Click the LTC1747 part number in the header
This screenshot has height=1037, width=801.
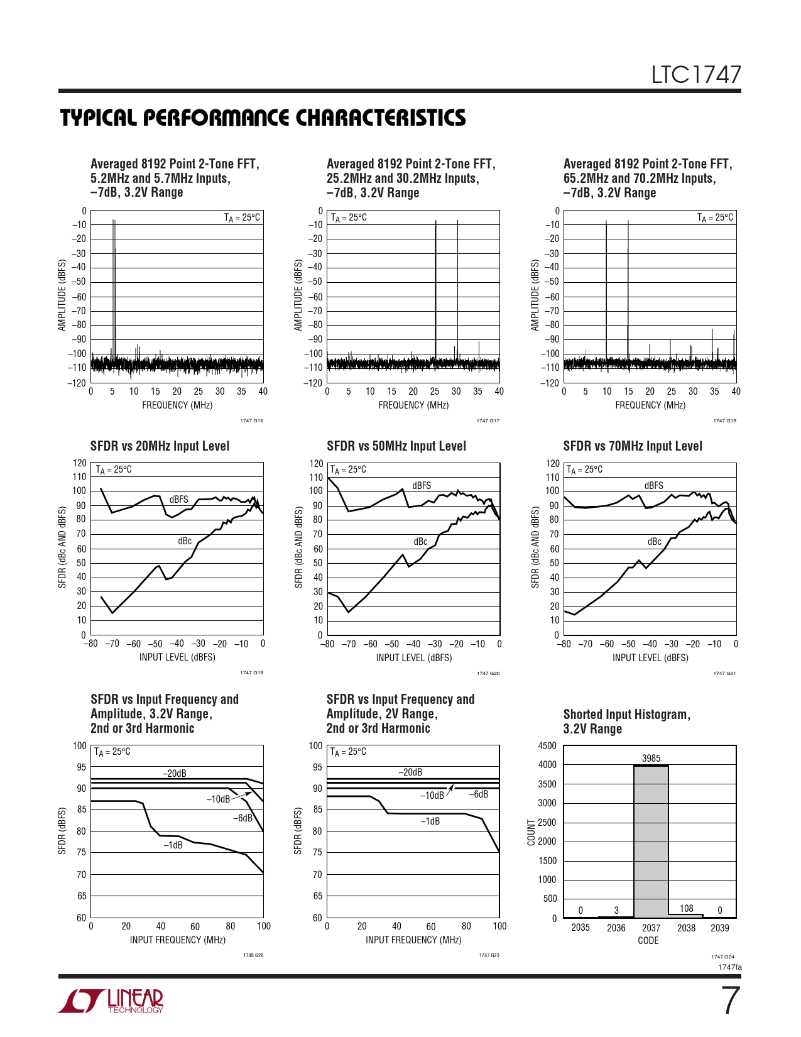[695, 75]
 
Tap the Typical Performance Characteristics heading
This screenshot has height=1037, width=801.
[263, 118]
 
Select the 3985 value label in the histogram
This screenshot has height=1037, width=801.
[651, 759]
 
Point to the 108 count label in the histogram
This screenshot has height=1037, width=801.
[686, 909]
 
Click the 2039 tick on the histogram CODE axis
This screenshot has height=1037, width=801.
[719, 928]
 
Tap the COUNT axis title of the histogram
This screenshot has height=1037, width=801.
[531, 832]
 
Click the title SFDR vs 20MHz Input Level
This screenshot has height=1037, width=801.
[160, 446]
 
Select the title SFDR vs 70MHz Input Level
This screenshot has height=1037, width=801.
[633, 446]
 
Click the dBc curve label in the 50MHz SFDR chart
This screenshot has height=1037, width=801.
[420, 542]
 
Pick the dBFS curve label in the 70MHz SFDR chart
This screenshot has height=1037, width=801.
[653, 486]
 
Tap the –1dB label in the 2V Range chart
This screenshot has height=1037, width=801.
[430, 821]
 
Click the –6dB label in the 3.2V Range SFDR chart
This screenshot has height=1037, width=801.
[242, 818]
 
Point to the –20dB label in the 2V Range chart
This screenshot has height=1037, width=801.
[411, 772]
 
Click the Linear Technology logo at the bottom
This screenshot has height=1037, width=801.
[111, 1001]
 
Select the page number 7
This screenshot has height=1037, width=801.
[729, 1001]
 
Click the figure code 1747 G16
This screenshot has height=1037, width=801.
[251, 421]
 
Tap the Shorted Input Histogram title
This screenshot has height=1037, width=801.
[626, 722]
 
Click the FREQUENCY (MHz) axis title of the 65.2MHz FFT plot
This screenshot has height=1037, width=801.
[650, 405]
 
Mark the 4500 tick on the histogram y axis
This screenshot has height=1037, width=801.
[547, 746]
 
